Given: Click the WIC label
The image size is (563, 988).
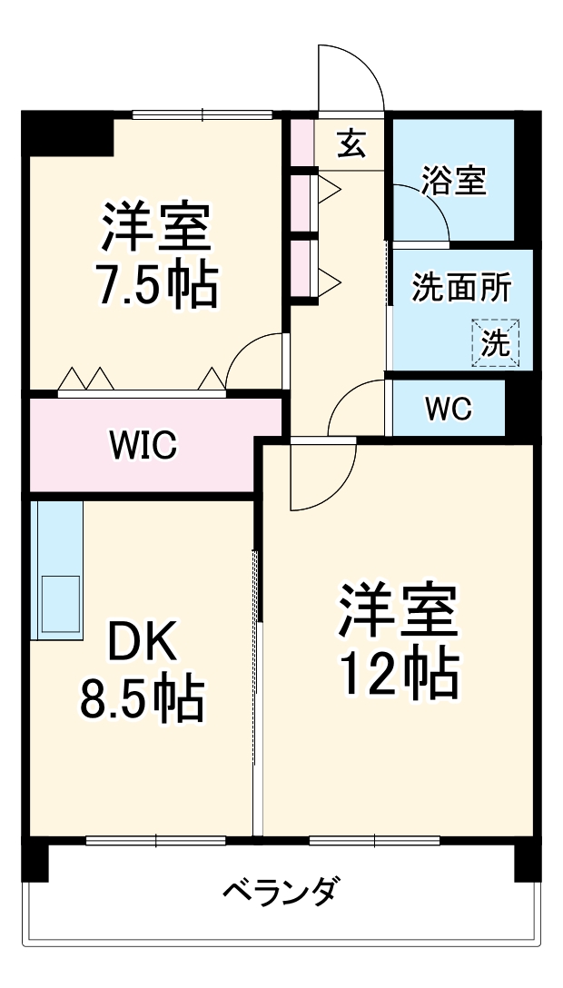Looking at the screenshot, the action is (x=143, y=445).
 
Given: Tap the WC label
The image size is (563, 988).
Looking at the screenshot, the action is (x=449, y=409).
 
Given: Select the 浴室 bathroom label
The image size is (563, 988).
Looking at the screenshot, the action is (x=454, y=180).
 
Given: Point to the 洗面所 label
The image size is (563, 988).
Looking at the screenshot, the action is (x=461, y=288).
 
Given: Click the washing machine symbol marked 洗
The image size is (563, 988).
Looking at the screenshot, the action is (x=496, y=342).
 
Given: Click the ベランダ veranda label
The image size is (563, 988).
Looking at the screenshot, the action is (x=281, y=892).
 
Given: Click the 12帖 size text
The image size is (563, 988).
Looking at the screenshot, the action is (x=400, y=673).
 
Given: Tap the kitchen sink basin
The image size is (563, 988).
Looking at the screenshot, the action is (x=61, y=603).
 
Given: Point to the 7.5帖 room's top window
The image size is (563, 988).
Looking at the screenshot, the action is (x=202, y=114).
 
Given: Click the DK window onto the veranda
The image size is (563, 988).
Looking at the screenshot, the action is (x=155, y=840).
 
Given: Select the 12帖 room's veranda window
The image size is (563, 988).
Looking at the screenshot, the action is (x=375, y=840).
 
